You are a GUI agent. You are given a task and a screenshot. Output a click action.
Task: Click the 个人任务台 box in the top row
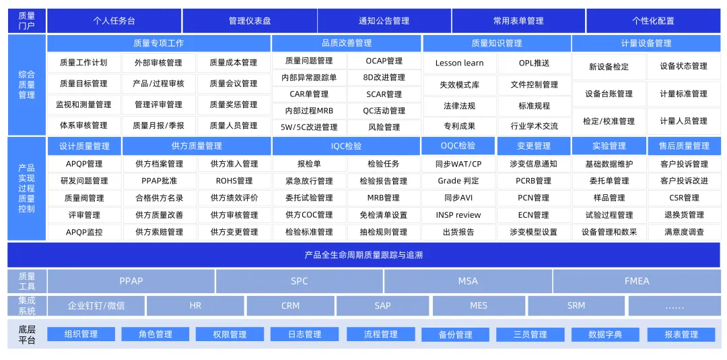(x=114, y=21)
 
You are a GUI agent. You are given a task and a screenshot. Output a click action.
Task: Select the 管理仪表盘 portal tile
(x=250, y=21)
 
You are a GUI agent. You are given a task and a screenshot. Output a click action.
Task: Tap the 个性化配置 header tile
(x=653, y=21)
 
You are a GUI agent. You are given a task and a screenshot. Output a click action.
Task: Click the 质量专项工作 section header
(x=159, y=43)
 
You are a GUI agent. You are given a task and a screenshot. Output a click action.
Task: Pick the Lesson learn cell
(x=460, y=63)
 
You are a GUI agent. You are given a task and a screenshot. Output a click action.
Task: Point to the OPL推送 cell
(x=534, y=63)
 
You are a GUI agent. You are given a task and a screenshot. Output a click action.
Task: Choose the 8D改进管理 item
(x=384, y=78)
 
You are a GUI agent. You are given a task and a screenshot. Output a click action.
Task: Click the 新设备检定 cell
(x=609, y=67)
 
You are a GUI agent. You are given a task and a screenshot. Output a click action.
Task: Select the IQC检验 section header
(x=346, y=146)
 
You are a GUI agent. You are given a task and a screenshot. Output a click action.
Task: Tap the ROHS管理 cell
(x=234, y=181)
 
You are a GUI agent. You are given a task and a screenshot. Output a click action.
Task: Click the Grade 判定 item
(x=458, y=181)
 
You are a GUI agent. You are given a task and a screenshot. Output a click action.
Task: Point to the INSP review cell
(x=458, y=215)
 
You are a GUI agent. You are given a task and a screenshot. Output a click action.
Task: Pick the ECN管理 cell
(x=534, y=215)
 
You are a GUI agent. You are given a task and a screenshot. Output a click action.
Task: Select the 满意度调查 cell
(x=684, y=232)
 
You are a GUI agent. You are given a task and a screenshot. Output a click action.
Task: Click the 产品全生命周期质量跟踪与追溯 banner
(x=363, y=255)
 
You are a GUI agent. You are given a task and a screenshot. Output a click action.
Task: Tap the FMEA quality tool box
(x=636, y=281)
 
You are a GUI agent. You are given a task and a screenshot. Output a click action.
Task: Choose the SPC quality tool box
(x=299, y=281)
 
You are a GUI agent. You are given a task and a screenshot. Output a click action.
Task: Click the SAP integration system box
(x=382, y=305)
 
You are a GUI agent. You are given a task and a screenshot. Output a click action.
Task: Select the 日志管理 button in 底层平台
(x=304, y=334)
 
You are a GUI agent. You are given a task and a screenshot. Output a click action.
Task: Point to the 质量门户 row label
(x=26, y=21)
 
